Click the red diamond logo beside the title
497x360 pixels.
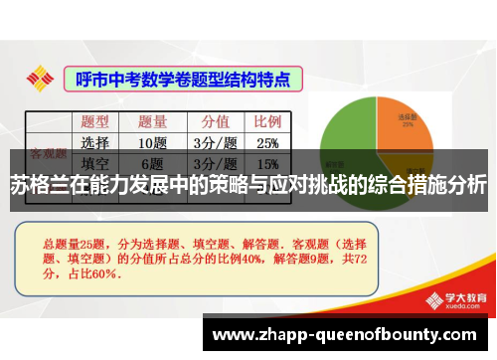click(x=41, y=77)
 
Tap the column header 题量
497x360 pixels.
click(x=152, y=121)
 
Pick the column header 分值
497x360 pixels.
click(x=216, y=121)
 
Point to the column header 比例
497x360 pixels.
click(x=267, y=121)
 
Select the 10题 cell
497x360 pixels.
click(x=152, y=141)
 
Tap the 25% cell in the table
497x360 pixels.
click(x=267, y=141)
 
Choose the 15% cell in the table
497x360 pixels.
click(x=267, y=163)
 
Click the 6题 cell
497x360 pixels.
click(x=152, y=163)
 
